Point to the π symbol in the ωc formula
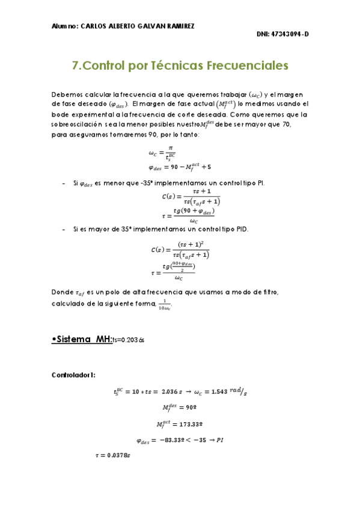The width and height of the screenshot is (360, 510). (x=171, y=147)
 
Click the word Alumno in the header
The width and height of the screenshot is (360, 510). (x=64, y=26)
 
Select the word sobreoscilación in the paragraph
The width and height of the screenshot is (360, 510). (x=77, y=124)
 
